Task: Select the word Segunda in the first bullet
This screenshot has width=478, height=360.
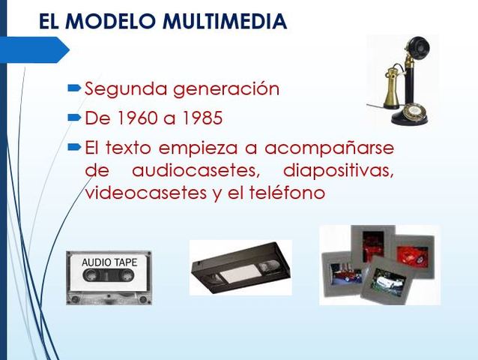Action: tap(126, 89)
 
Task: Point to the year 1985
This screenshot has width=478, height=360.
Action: tap(202, 118)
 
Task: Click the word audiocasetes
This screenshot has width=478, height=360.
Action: tap(196, 170)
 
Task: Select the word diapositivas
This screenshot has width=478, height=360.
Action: tap(339, 171)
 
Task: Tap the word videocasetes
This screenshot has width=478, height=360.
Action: tap(145, 193)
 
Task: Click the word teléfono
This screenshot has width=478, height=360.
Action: tap(287, 192)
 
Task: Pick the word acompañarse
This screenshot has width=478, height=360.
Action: tap(329, 148)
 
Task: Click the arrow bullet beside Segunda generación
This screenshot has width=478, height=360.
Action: tap(74, 88)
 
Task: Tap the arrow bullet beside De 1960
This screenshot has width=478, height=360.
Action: tap(74, 117)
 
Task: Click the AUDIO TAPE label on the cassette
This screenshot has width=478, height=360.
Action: tap(109, 262)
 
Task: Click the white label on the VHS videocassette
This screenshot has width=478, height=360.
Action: tap(240, 273)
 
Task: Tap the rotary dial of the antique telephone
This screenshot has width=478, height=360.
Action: tap(414, 111)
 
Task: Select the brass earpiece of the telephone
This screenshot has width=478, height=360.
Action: tap(391, 88)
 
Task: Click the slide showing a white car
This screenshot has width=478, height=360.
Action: tap(386, 280)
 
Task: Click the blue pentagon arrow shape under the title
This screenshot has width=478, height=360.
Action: tap(34, 49)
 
